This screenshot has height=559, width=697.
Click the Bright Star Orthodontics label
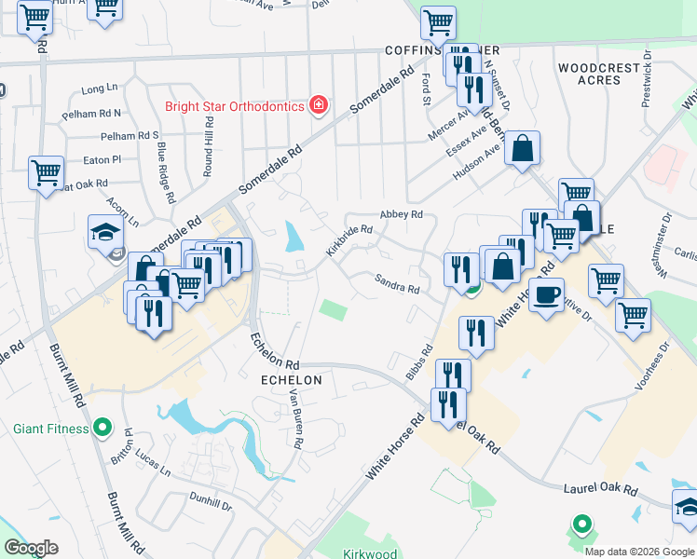[235, 105]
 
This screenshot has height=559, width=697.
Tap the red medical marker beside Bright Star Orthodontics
[319, 104]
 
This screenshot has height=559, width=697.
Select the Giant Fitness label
[51, 429]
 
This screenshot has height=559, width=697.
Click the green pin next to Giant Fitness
[103, 429]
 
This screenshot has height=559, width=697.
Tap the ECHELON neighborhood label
[293, 380]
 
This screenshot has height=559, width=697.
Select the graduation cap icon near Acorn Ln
[106, 231]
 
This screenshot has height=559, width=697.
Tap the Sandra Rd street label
[397, 283]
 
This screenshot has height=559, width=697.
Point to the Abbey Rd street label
[402, 214]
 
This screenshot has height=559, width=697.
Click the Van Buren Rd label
[296, 421]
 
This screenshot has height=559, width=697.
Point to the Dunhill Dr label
[211, 501]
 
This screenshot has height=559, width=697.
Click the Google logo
[31, 548]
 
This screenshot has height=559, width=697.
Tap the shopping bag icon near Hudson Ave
[523, 147]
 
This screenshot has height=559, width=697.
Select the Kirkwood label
[370, 554]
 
